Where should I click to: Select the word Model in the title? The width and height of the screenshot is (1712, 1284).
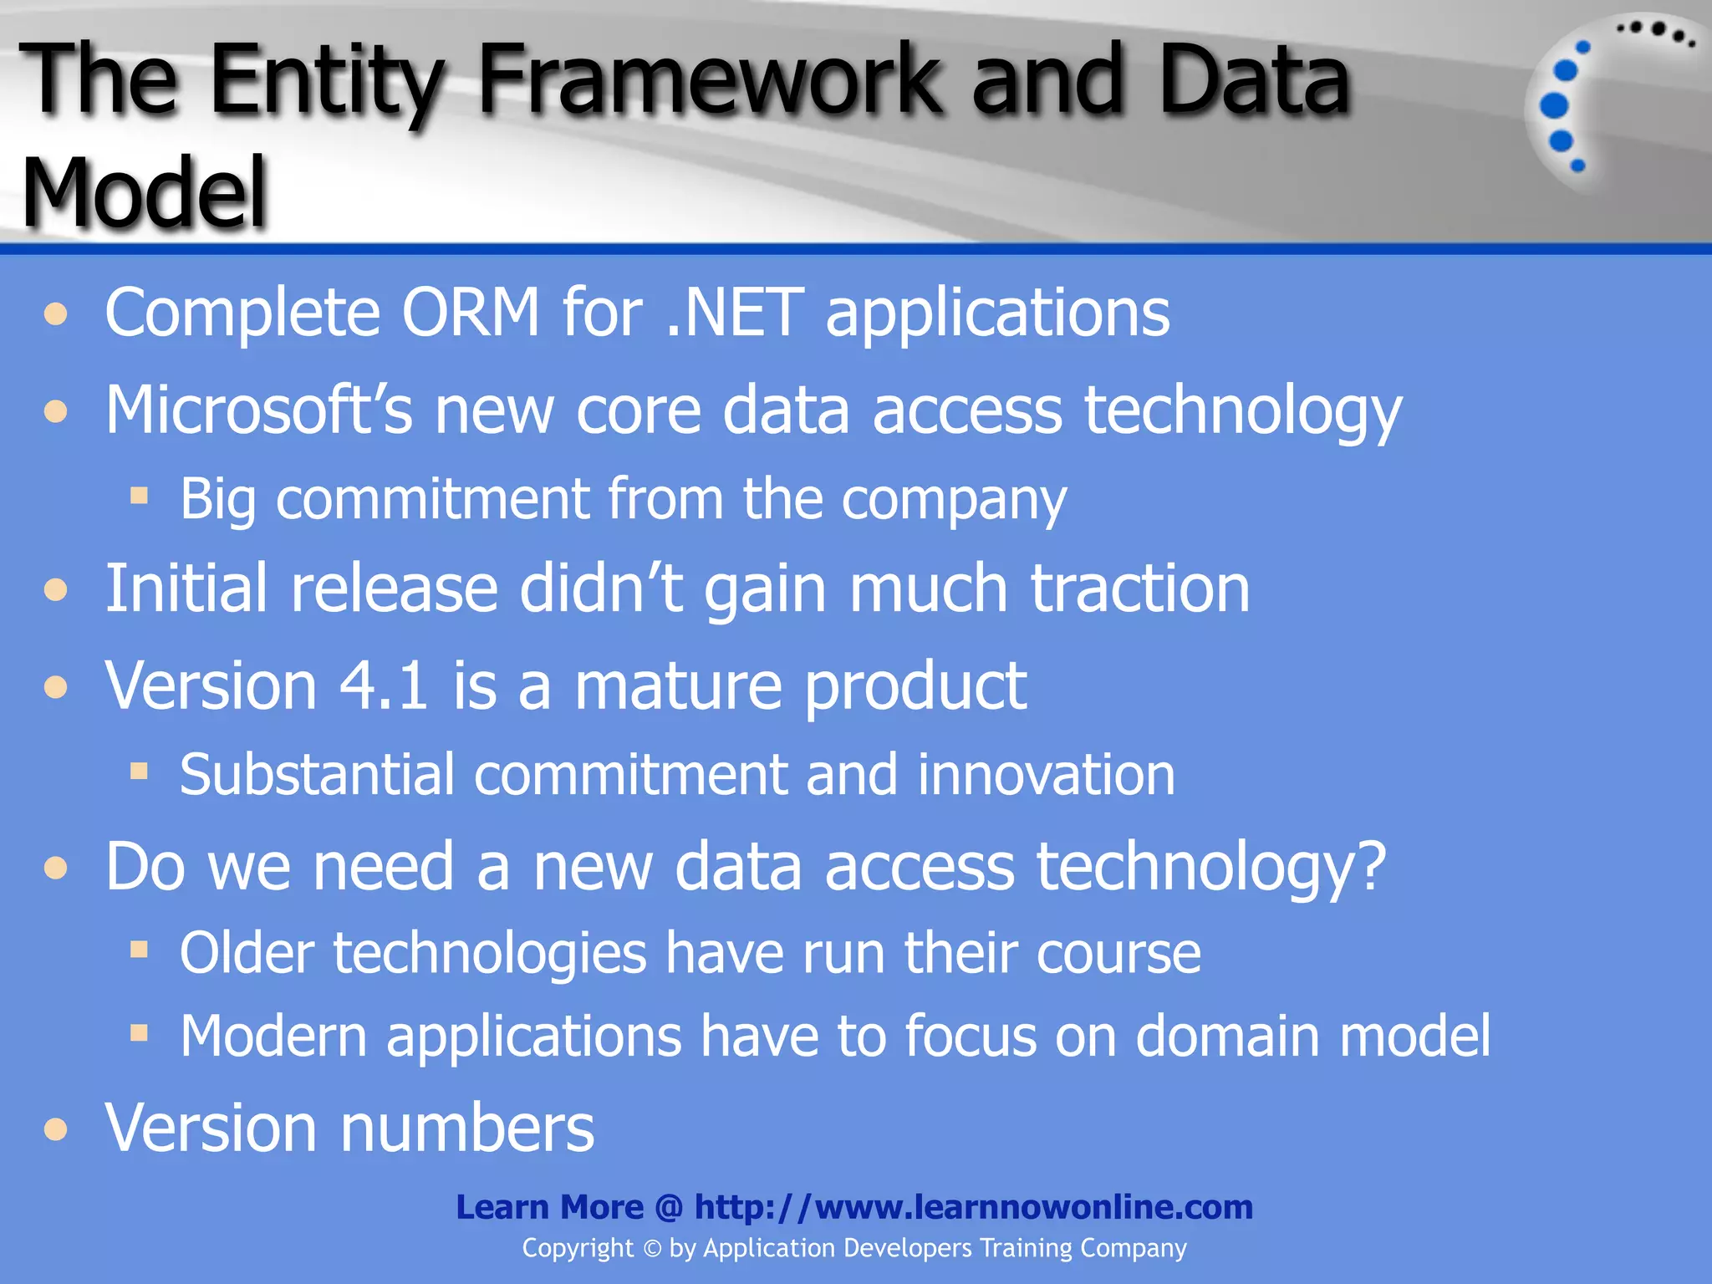point(144,194)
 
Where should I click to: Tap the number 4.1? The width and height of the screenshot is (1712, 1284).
point(385,686)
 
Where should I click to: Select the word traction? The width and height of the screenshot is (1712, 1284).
point(1139,589)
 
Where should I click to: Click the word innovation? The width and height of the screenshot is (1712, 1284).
point(1046,775)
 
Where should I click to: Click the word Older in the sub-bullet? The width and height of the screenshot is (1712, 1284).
point(247,953)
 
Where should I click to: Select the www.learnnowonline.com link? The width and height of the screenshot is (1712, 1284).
point(1033,1207)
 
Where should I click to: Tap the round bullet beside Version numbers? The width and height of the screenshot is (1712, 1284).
point(56,1130)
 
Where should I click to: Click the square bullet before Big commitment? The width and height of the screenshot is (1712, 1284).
point(139,497)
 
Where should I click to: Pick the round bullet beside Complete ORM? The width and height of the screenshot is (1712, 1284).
point(56,315)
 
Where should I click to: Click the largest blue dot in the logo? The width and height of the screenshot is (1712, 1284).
point(1554,105)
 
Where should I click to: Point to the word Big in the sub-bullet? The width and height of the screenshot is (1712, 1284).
point(217,500)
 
